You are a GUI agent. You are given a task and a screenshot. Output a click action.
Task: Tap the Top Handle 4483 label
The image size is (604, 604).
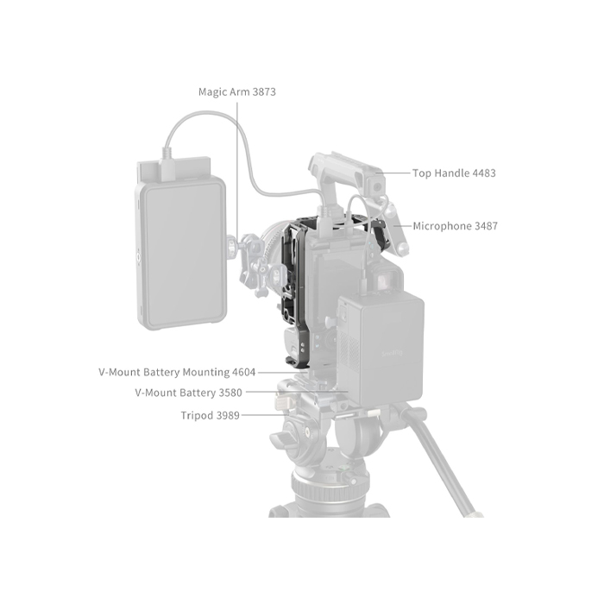coord(454,173)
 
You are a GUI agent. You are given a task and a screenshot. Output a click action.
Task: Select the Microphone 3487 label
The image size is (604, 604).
coord(455,226)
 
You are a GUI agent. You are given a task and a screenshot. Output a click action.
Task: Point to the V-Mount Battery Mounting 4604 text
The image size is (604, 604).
coord(177,373)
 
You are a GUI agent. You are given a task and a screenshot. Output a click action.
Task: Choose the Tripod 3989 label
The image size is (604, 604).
coord(211,415)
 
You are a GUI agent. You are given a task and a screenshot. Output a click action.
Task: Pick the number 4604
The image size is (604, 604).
coord(243,373)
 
